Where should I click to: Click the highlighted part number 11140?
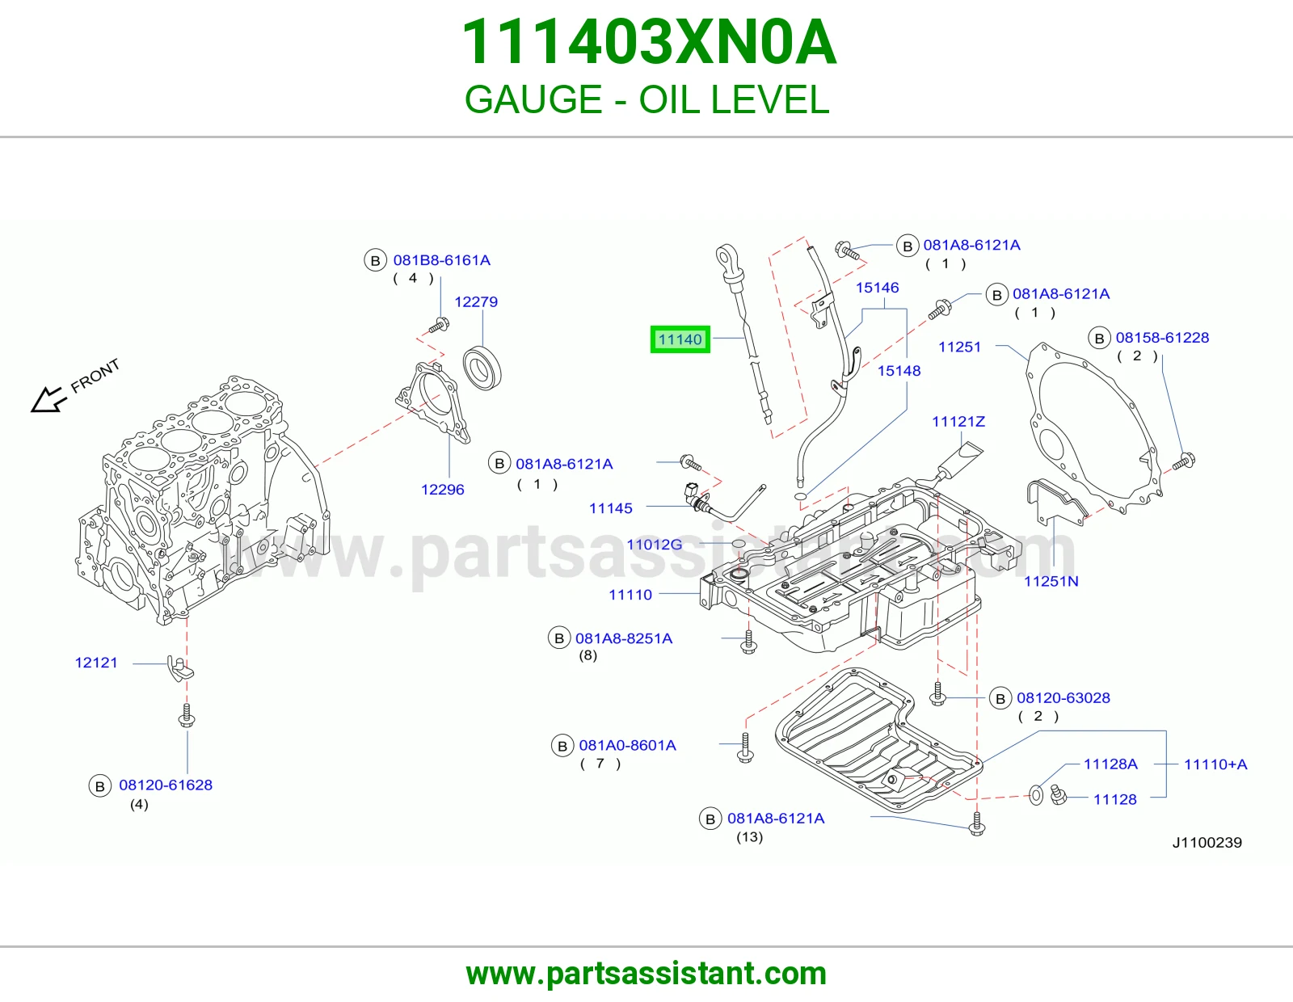pyautogui.click(x=680, y=339)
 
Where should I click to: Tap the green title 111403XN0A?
pyautogui.click(x=649, y=42)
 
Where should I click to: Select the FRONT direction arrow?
pyautogui.click(x=48, y=398)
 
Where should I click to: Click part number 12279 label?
pyautogui.click(x=476, y=301)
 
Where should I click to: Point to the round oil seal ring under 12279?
pyautogui.click(x=482, y=368)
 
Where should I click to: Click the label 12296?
pyautogui.click(x=443, y=490)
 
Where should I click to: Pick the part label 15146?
pyautogui.click(x=877, y=288)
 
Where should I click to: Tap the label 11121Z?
pyautogui.click(x=958, y=421)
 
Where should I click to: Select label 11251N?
pyautogui.click(x=1051, y=581)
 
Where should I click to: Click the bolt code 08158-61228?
pyautogui.click(x=1162, y=338)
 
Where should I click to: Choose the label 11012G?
pyautogui.click(x=655, y=545)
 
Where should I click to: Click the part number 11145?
pyautogui.click(x=610, y=508)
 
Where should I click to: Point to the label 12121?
pyautogui.click(x=96, y=663)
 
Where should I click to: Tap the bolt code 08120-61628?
pyautogui.click(x=166, y=785)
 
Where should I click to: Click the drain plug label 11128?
pyautogui.click(x=1115, y=799)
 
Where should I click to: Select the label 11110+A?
pyautogui.click(x=1215, y=764)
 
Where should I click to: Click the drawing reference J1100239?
pyautogui.click(x=1207, y=843)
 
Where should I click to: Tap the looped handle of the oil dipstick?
pyautogui.click(x=726, y=259)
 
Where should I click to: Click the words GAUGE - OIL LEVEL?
pyautogui.click(x=646, y=99)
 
